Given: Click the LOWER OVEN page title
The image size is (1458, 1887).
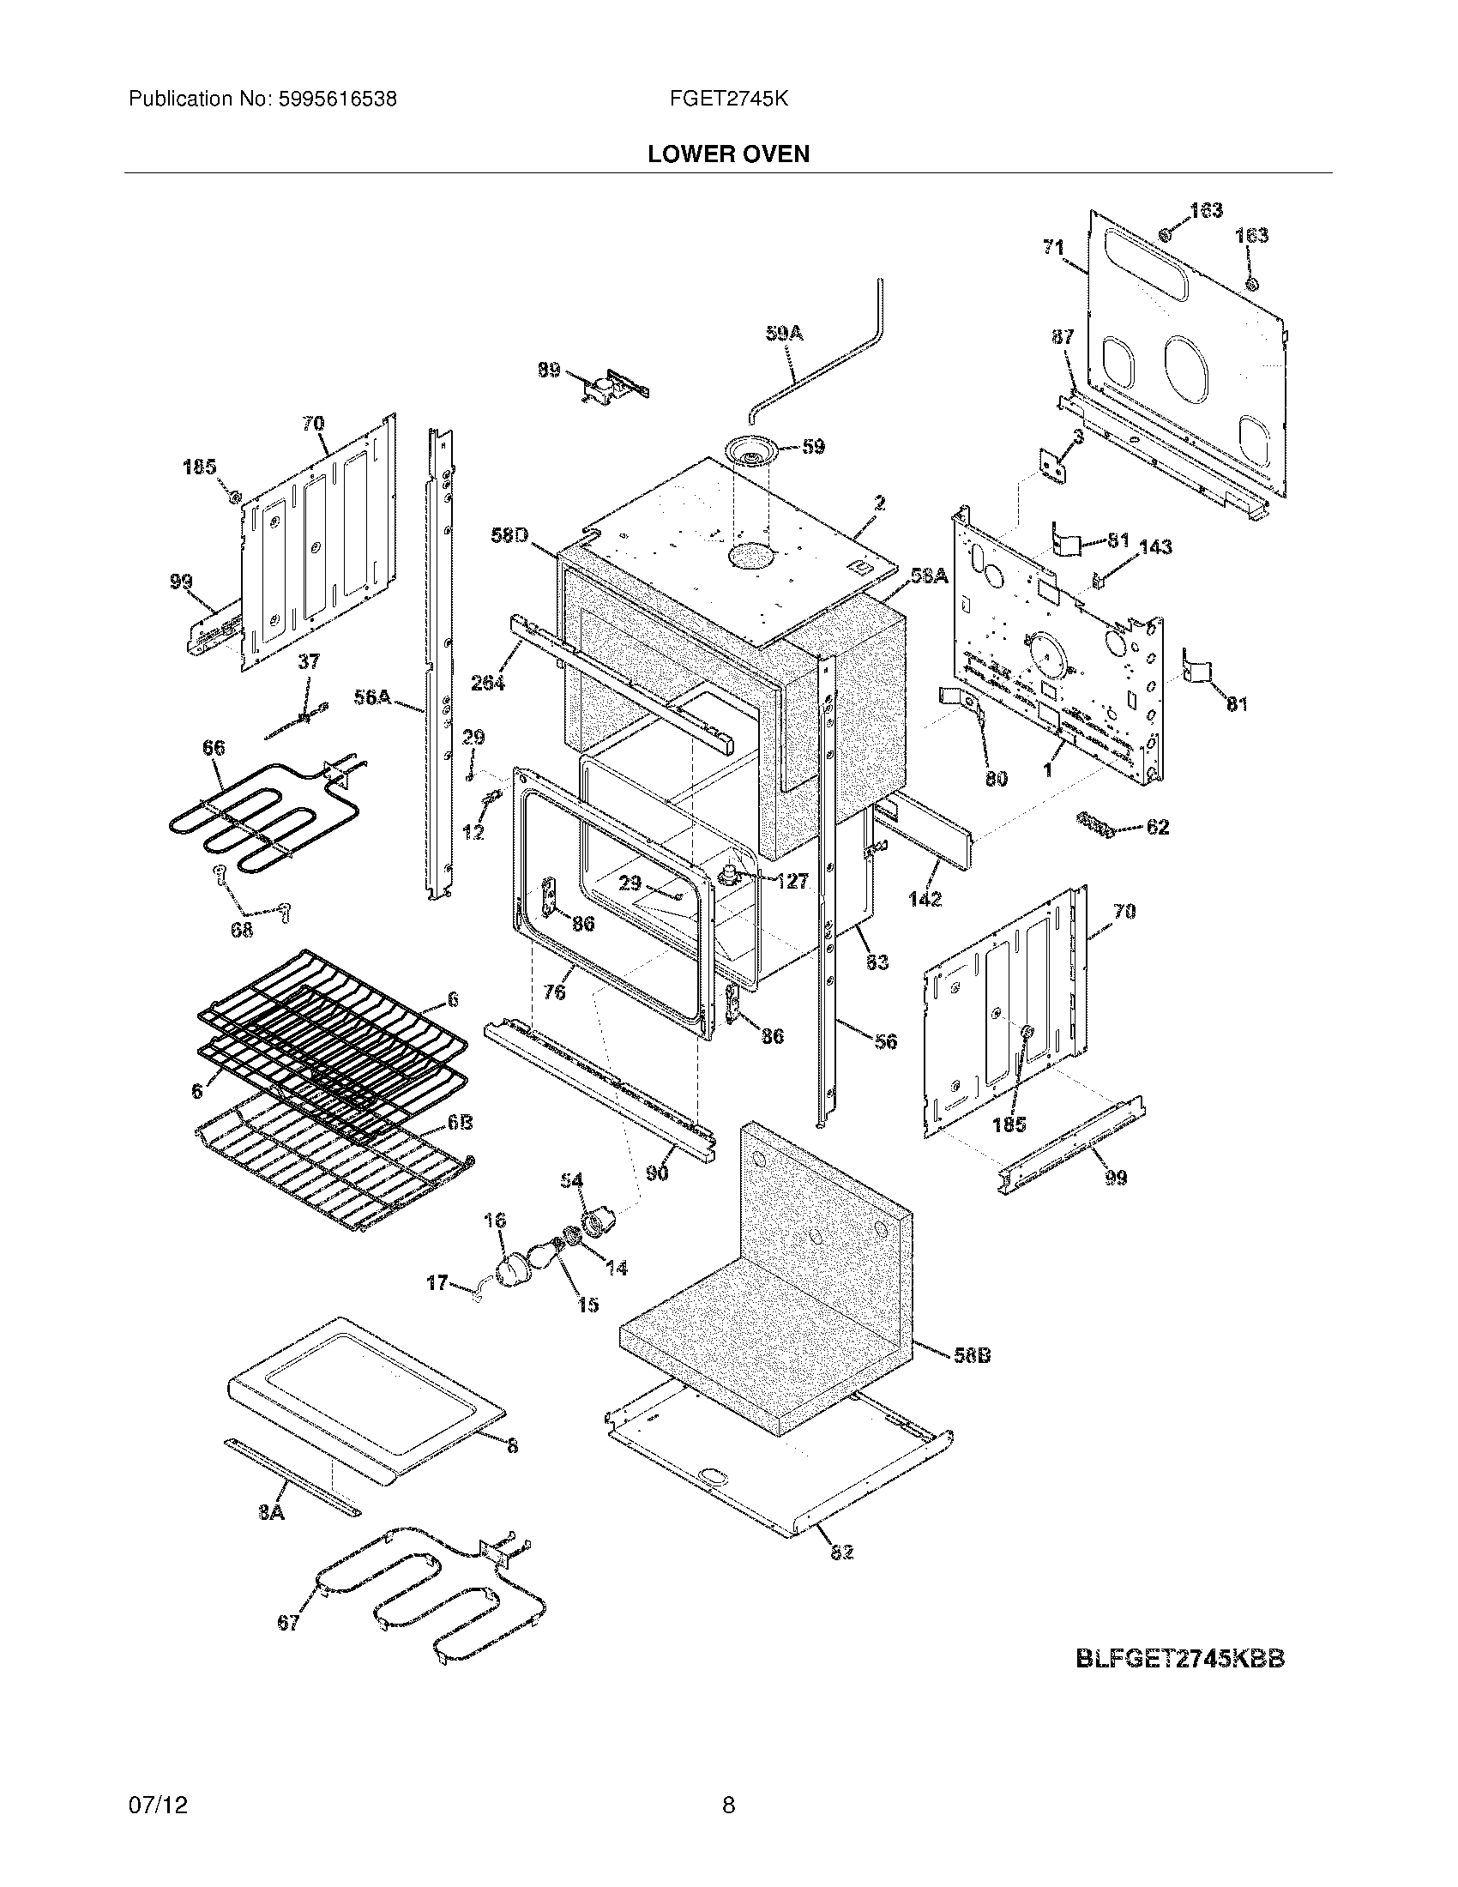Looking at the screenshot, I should click(x=728, y=154).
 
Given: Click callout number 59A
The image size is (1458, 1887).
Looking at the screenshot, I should click(x=783, y=333).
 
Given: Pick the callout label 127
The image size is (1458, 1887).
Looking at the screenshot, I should click(x=792, y=880).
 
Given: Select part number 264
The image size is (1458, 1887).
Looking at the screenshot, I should click(x=488, y=683).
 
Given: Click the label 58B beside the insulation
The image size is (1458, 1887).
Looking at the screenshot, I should click(x=971, y=1355).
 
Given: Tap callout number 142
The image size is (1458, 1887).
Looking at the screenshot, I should click(x=925, y=899).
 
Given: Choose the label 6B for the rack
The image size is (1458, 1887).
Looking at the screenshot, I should click(x=459, y=1124).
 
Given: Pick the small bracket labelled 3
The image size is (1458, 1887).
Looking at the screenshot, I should click(x=1053, y=467).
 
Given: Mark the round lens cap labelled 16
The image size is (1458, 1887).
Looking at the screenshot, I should click(x=513, y=1268).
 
